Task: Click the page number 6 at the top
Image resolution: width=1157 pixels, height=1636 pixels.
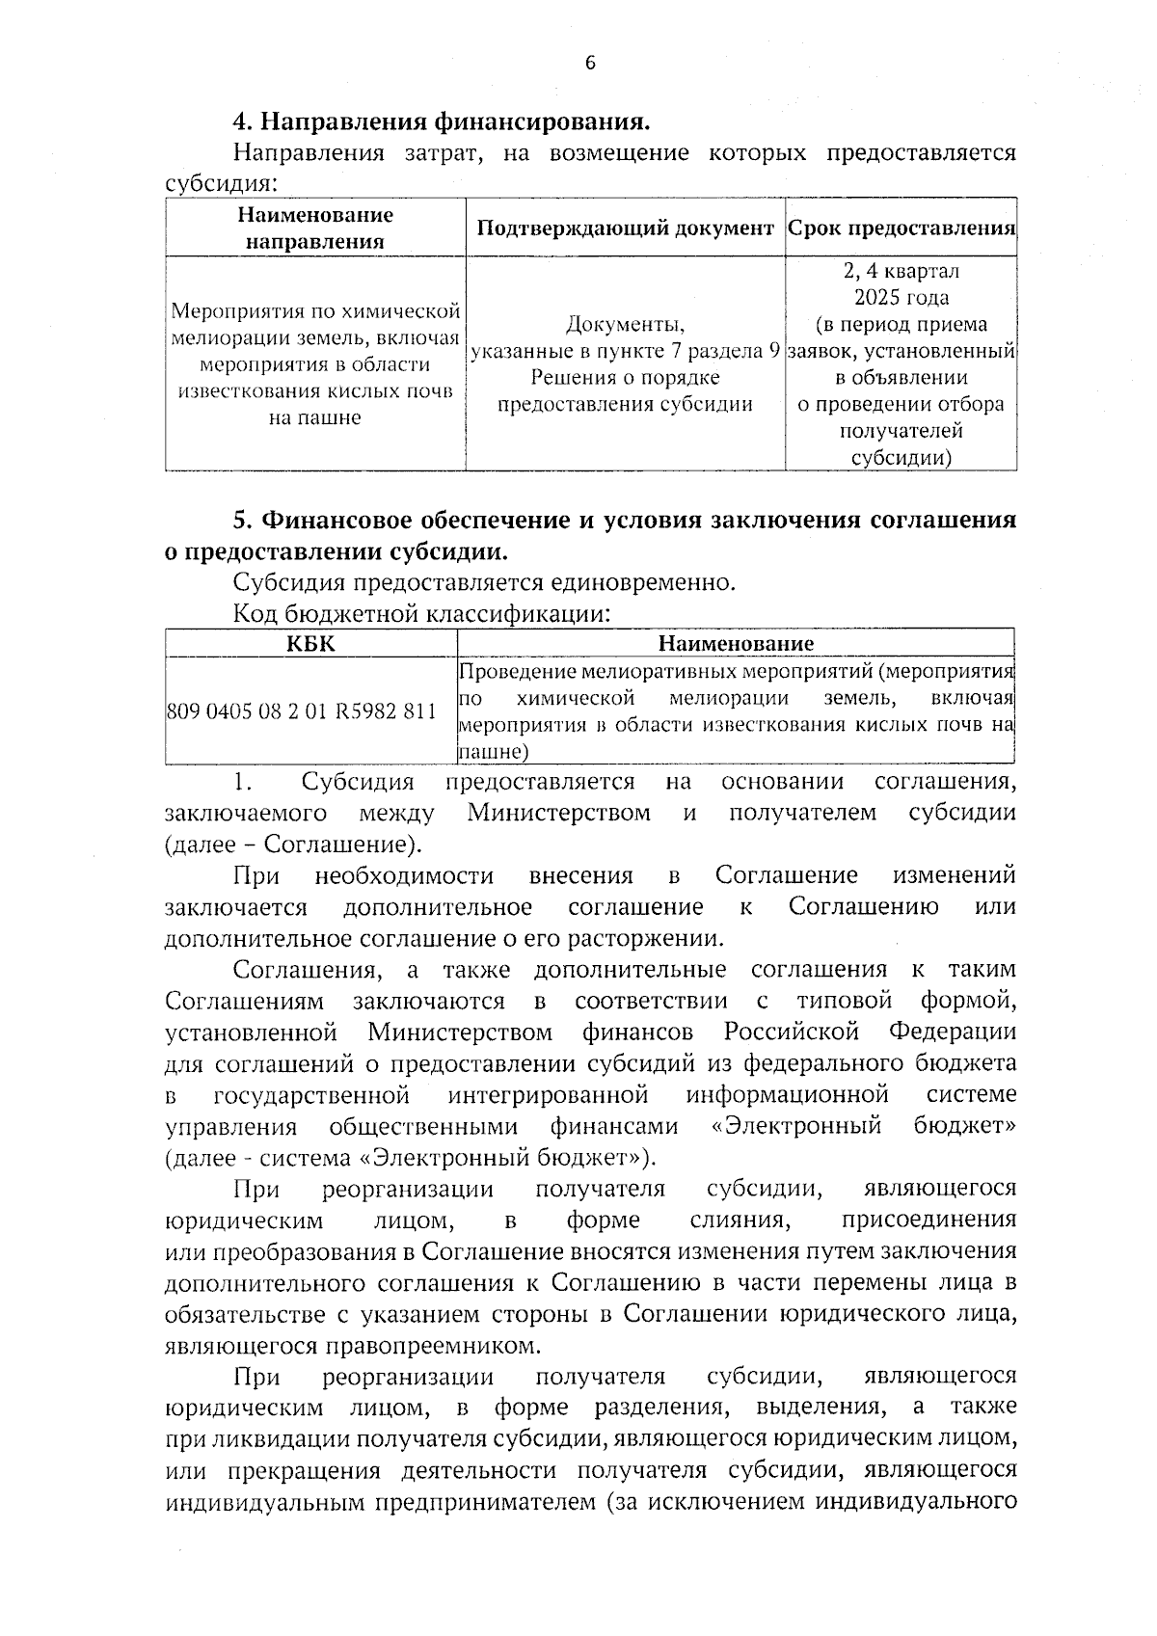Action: (590, 64)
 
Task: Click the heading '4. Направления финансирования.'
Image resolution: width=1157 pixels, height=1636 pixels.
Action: (440, 122)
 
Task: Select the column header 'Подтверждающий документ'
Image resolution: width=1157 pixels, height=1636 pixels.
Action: (625, 228)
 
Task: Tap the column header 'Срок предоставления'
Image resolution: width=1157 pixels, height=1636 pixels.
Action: (901, 228)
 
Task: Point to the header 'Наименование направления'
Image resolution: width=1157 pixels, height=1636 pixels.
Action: (314, 228)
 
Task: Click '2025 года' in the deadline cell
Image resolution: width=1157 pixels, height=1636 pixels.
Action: (901, 298)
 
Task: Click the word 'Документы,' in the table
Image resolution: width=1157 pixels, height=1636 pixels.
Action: (625, 324)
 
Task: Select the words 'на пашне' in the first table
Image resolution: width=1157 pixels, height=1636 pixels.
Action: (314, 417)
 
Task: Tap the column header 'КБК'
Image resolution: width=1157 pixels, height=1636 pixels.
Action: (310, 643)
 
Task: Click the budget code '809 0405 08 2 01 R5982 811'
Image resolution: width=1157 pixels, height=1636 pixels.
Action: (302, 712)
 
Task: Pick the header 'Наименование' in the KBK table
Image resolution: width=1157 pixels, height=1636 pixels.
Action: (736, 643)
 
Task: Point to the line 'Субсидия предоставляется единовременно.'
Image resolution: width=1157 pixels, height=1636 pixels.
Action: (484, 582)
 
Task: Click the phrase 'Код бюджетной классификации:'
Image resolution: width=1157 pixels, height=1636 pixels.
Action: (421, 613)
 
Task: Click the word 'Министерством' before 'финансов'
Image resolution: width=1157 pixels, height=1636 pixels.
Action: (460, 1033)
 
